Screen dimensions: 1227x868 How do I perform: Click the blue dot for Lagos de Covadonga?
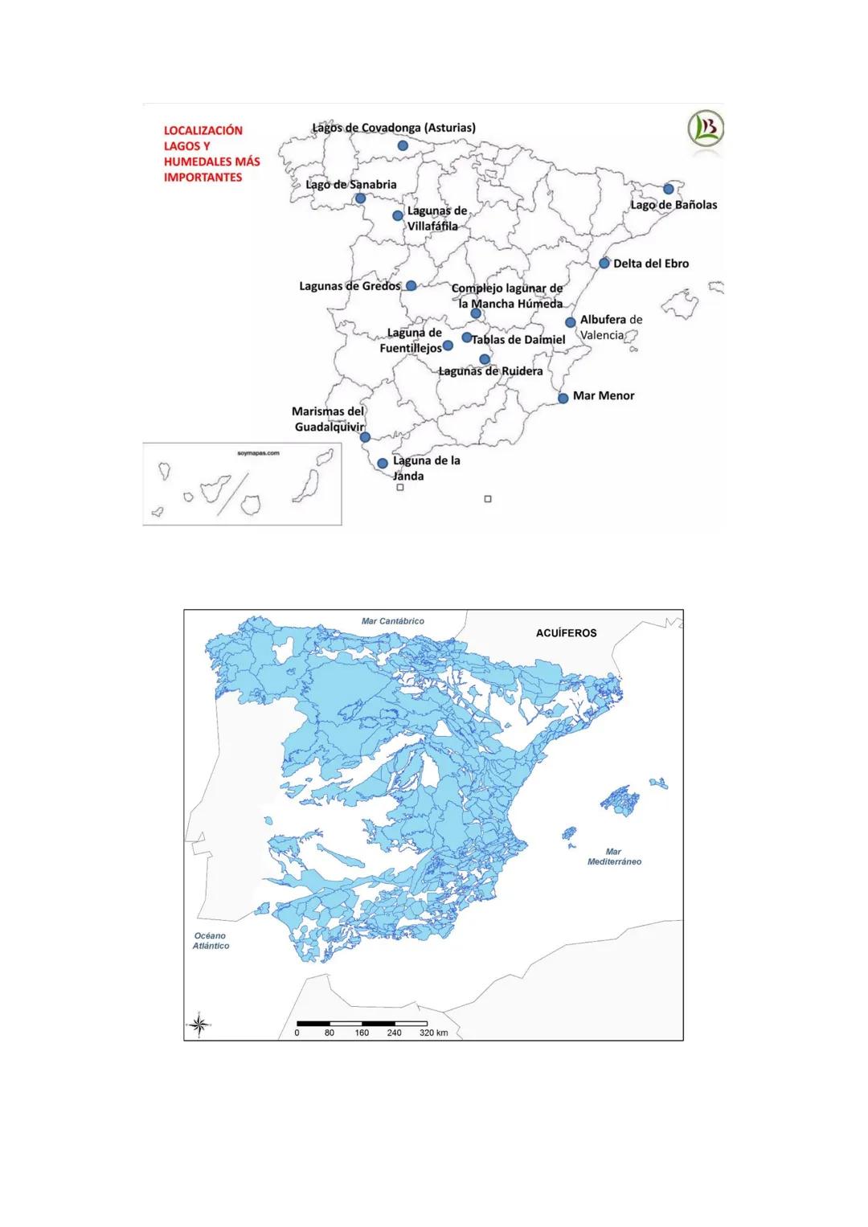pyautogui.click(x=403, y=145)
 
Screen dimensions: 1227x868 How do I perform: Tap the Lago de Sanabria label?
pyautogui.click(x=351, y=185)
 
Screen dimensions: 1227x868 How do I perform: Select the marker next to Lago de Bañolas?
pyautogui.click(x=668, y=189)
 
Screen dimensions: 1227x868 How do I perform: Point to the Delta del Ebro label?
pyautogui.click(x=651, y=264)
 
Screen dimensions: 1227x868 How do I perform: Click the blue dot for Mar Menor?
pyautogui.click(x=563, y=398)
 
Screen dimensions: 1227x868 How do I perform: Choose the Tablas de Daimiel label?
pyautogui.click(x=518, y=340)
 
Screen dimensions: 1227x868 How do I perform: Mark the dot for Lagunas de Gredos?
pyautogui.click(x=411, y=286)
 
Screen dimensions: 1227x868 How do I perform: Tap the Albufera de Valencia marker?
pyautogui.click(x=571, y=322)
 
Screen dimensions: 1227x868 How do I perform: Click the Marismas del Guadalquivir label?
pyautogui.click(x=329, y=419)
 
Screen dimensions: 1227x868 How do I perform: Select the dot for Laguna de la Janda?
pyautogui.click(x=383, y=464)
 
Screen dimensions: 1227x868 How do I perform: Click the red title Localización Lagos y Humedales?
pyautogui.click(x=211, y=153)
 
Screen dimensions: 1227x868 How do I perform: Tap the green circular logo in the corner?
pyautogui.click(x=705, y=129)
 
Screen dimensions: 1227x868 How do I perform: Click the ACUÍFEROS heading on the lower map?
pyautogui.click(x=566, y=633)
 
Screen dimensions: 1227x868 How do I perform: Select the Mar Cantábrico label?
pyautogui.click(x=393, y=621)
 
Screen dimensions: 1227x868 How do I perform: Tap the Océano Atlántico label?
pyautogui.click(x=211, y=941)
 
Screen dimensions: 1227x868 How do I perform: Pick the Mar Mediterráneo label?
pyautogui.click(x=614, y=857)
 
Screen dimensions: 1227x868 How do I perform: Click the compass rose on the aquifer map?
pyautogui.click(x=200, y=1024)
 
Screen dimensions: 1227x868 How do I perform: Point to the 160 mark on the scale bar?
pyautogui.click(x=362, y=1033)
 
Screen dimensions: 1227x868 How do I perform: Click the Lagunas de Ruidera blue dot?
pyautogui.click(x=485, y=359)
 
